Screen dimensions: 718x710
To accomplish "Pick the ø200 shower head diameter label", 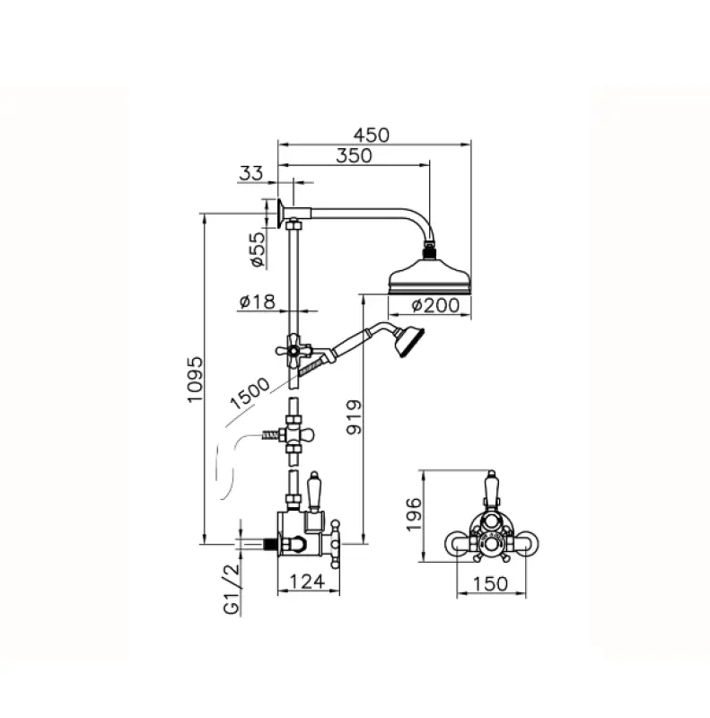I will pyautogui.click(x=435, y=304).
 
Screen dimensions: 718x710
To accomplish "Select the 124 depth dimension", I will pyautogui.click(x=308, y=582).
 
